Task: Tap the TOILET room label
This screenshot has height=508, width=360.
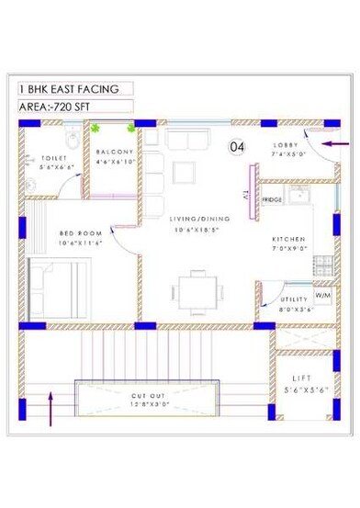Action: pos(41,157)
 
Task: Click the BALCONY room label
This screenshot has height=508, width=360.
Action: pos(115,152)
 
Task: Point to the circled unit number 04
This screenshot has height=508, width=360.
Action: pos(236,147)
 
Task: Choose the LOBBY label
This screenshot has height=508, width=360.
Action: pos(286,146)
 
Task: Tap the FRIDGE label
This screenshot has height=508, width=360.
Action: pos(272,199)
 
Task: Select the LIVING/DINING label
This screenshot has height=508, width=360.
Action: pos(192,219)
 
